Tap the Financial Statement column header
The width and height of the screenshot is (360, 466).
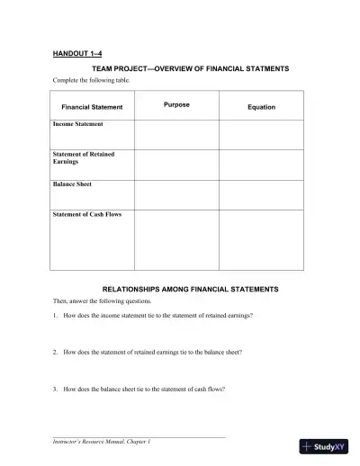[92, 107]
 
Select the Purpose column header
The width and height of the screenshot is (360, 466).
[176, 105]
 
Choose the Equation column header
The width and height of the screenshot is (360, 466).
[261, 107]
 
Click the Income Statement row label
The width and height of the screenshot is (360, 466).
[77, 124]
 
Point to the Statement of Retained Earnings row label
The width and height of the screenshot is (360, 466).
[84, 157]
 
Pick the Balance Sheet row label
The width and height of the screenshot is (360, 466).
[72, 184]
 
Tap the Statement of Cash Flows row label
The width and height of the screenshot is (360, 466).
[86, 214]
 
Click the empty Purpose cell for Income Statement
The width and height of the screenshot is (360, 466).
[176, 134]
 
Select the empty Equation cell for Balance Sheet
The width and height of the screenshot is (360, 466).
[261, 194]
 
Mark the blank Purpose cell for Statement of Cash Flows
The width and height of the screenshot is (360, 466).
[176, 240]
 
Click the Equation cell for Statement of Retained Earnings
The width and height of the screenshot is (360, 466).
[261, 165]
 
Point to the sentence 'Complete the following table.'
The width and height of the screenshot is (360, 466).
[91, 80]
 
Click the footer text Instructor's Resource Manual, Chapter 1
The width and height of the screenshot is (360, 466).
[100, 443]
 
